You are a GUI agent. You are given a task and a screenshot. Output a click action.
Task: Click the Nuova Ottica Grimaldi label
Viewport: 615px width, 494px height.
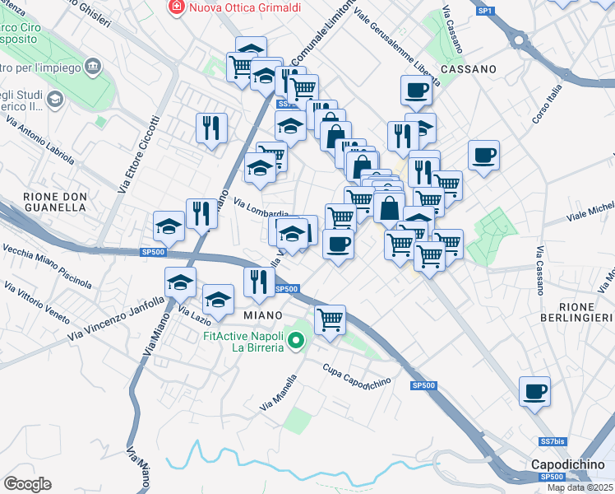click(245, 7)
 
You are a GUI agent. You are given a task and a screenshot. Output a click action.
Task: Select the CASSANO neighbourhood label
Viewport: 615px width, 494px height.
click(469, 69)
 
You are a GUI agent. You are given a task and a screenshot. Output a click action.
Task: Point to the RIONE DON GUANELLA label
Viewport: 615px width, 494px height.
click(55, 202)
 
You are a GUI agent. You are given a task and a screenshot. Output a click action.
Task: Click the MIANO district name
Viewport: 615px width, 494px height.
click(264, 315)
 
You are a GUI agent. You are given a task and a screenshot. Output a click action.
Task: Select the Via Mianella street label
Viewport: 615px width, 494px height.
click(278, 394)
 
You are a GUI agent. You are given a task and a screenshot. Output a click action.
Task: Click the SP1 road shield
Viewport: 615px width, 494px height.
click(485, 11)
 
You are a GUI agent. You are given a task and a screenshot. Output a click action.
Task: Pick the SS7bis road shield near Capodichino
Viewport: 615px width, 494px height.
click(553, 441)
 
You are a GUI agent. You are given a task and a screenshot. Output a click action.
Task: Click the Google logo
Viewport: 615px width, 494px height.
click(27, 483)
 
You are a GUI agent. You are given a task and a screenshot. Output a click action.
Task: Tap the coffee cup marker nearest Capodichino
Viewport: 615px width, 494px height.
click(534, 392)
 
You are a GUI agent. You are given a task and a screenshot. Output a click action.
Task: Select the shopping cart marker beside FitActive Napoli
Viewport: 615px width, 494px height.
click(330, 319)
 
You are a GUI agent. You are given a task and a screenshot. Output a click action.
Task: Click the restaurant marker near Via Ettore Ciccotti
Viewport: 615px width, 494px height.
click(211, 128)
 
